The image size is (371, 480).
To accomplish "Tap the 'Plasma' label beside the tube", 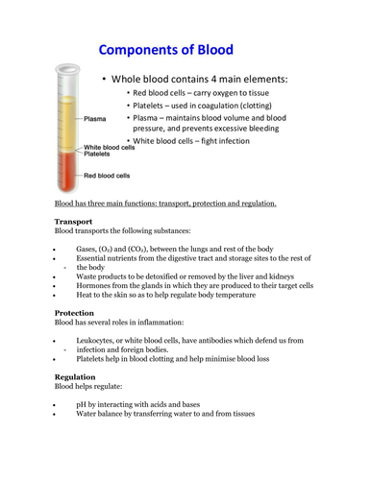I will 95,119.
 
